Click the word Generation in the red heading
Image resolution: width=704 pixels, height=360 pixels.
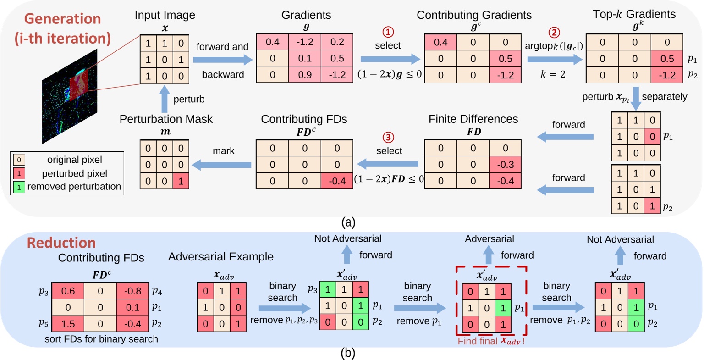(62, 19)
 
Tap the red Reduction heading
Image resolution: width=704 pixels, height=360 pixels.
(61, 243)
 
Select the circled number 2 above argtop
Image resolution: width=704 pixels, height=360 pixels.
(554, 33)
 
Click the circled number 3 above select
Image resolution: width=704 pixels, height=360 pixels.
(388, 138)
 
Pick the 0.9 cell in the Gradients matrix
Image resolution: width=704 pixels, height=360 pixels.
(305, 74)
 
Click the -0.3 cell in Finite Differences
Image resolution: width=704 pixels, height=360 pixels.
(506, 165)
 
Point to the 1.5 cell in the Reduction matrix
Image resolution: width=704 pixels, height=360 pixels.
(68, 324)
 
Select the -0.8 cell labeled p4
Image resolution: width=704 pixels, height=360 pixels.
(132, 291)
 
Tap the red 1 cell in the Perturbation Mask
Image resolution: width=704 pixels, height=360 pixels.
(181, 181)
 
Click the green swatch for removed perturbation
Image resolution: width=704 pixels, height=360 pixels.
(19, 187)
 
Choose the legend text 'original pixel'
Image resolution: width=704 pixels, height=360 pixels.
(74, 160)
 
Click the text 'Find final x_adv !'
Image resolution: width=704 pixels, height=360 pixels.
(491, 341)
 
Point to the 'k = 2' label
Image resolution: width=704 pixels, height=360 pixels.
(553, 75)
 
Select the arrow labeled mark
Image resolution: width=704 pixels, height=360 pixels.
(221, 164)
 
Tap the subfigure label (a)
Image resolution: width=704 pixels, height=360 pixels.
(348, 223)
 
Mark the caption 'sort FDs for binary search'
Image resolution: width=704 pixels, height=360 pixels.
(101, 339)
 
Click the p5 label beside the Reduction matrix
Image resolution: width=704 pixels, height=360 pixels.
(44, 323)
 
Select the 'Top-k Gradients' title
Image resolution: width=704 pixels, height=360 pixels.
(634, 15)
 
